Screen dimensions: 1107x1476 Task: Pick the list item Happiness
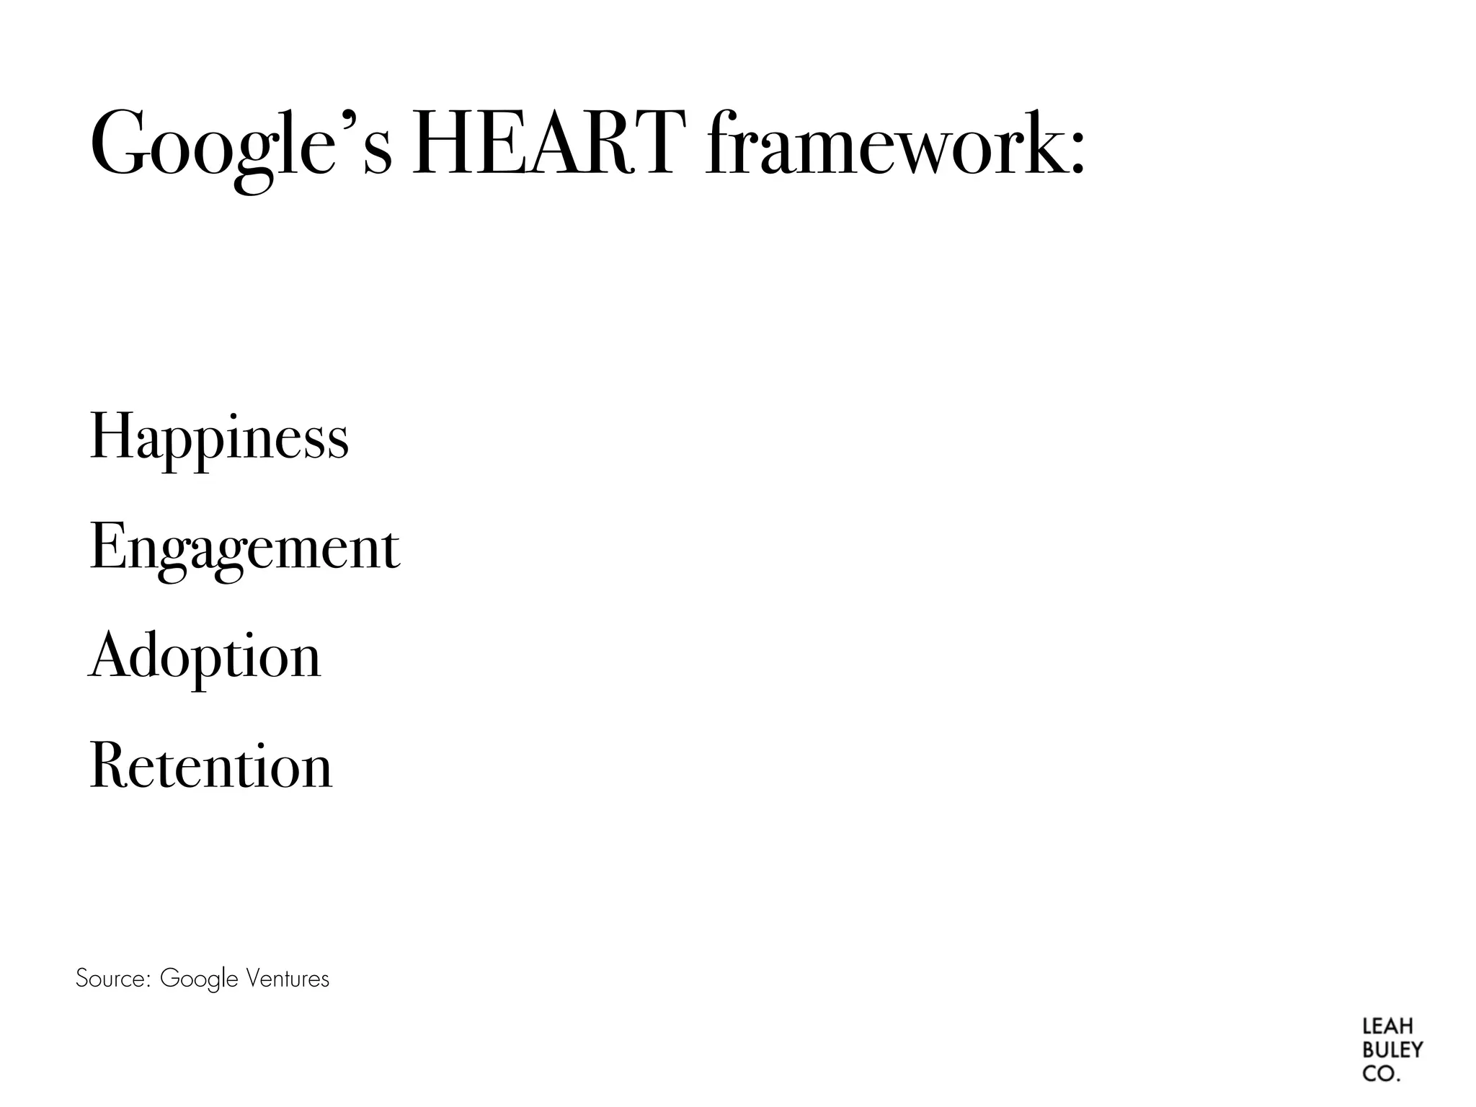point(219,437)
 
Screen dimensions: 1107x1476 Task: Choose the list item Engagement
point(244,548)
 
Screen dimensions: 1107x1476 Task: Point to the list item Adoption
point(205,657)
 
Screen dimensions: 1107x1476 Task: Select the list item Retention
point(211,765)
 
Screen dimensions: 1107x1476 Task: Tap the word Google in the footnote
point(199,979)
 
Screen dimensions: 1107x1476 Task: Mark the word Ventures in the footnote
point(288,979)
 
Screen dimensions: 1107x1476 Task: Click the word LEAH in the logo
point(1388,1026)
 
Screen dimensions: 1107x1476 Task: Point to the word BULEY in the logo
point(1392,1050)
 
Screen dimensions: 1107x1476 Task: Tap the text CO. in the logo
point(1381,1074)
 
